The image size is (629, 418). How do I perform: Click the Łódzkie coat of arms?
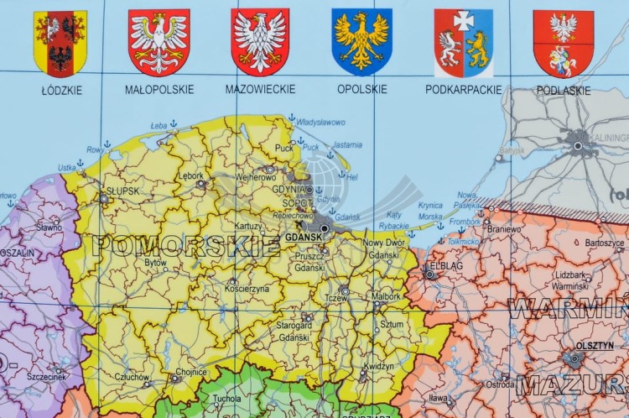pyautogui.click(x=60, y=43)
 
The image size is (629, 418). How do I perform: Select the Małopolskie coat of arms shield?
pyautogui.click(x=159, y=42)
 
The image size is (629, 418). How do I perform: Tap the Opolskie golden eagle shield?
pyautogui.click(x=361, y=42)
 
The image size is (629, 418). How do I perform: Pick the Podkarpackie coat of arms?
pyautogui.click(x=463, y=43)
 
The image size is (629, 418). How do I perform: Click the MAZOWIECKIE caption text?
pyautogui.click(x=260, y=89)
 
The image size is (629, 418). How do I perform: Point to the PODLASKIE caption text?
pyautogui.click(x=563, y=90)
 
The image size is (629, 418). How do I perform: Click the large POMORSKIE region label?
pyautogui.click(x=186, y=246)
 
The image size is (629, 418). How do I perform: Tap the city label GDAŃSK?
pyautogui.click(x=304, y=238)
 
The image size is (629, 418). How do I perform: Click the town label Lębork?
pyautogui.click(x=191, y=175)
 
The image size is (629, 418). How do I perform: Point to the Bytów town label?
pyautogui.click(x=156, y=263)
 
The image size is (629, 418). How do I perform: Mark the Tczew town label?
pyautogui.click(x=335, y=299)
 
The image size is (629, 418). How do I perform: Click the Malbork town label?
pyautogui.click(x=386, y=296)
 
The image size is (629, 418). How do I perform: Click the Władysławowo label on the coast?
pyautogui.click(x=320, y=123)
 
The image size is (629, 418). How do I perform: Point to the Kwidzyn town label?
pyautogui.click(x=381, y=367)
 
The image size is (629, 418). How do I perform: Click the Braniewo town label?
pyautogui.click(x=505, y=228)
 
